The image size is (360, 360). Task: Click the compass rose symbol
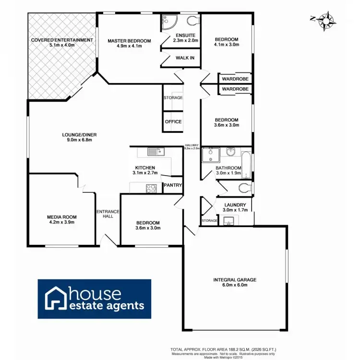pyautogui.click(x=326, y=20)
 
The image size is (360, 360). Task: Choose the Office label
pyautogui.click(x=173, y=121)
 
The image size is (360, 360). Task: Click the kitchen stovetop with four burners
pyautogui.click(x=151, y=188)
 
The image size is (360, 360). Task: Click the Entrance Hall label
pyautogui.click(x=108, y=214)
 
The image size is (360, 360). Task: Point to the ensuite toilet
pyautogui.click(x=192, y=20)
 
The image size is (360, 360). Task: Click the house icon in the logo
pyautogui.click(x=55, y=298)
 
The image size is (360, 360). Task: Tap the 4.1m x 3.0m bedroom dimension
pyautogui.click(x=226, y=46)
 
